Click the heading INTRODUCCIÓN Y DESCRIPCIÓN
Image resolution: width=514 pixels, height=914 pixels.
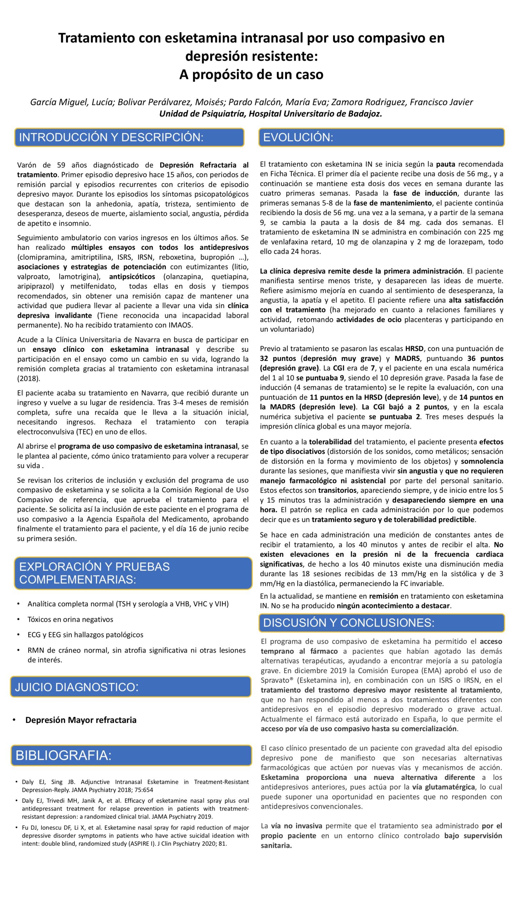pos(111,137)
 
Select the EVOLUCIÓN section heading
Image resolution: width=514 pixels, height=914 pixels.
pos(298,137)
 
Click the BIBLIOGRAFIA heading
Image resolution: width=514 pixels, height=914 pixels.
pos(64,755)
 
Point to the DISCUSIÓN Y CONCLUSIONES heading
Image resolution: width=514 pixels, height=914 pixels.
pos(349,622)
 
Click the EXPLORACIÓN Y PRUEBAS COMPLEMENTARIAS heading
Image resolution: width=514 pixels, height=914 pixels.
pos(95,573)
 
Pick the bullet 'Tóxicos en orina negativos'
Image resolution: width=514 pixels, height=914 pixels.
pos(70,619)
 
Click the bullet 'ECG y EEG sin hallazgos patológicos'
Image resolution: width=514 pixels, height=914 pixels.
pos(85,634)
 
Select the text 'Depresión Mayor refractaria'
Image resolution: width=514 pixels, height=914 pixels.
pos(81,720)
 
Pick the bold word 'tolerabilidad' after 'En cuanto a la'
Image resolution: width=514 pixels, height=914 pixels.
pos(330,442)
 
